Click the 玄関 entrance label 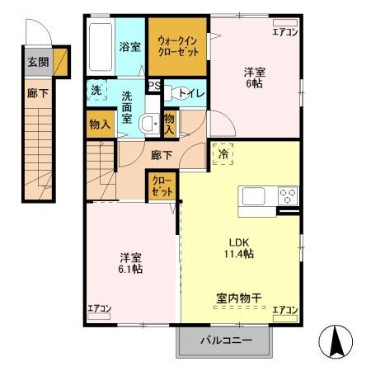point(38,61)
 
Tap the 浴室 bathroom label point(131,46)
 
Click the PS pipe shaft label point(154,85)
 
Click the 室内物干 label point(240,298)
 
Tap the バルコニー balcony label point(224,340)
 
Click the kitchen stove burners point(288,196)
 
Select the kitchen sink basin point(252,197)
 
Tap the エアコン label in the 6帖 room point(285,32)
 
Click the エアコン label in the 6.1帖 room point(100,310)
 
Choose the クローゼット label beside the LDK point(162,186)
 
